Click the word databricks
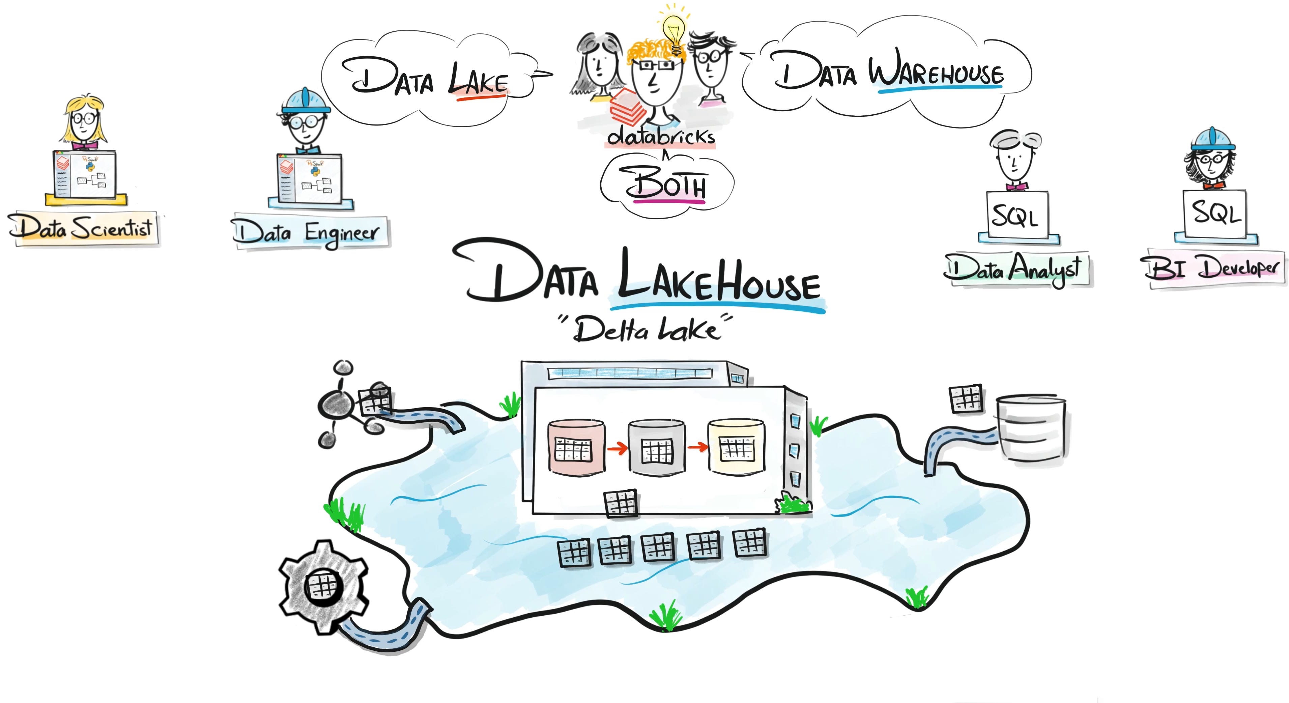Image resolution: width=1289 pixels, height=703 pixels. coord(660,136)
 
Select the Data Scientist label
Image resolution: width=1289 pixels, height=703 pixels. coord(83,228)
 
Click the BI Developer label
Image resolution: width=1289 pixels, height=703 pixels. coord(1214,268)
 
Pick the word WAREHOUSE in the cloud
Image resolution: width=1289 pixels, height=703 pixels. coord(936,73)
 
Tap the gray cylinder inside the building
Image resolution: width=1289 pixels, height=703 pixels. coord(657,448)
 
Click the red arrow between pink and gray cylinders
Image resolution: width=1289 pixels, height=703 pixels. coord(617,448)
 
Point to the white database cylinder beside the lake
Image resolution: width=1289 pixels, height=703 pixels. coord(1030,428)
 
